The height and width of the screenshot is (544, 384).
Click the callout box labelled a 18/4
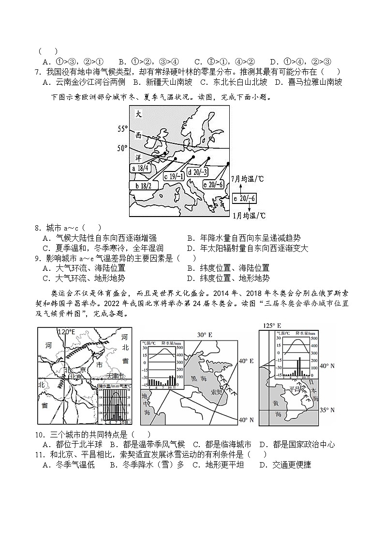[142, 168]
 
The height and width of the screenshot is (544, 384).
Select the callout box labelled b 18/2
[144, 186]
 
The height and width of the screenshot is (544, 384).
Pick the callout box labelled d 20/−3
[200, 171]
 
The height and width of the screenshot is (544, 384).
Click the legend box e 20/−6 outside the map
[245, 198]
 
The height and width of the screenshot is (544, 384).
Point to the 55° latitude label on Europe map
[123, 129]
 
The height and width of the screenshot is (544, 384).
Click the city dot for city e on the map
[228, 164]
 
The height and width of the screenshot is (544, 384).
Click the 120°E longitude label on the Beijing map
[66, 332]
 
